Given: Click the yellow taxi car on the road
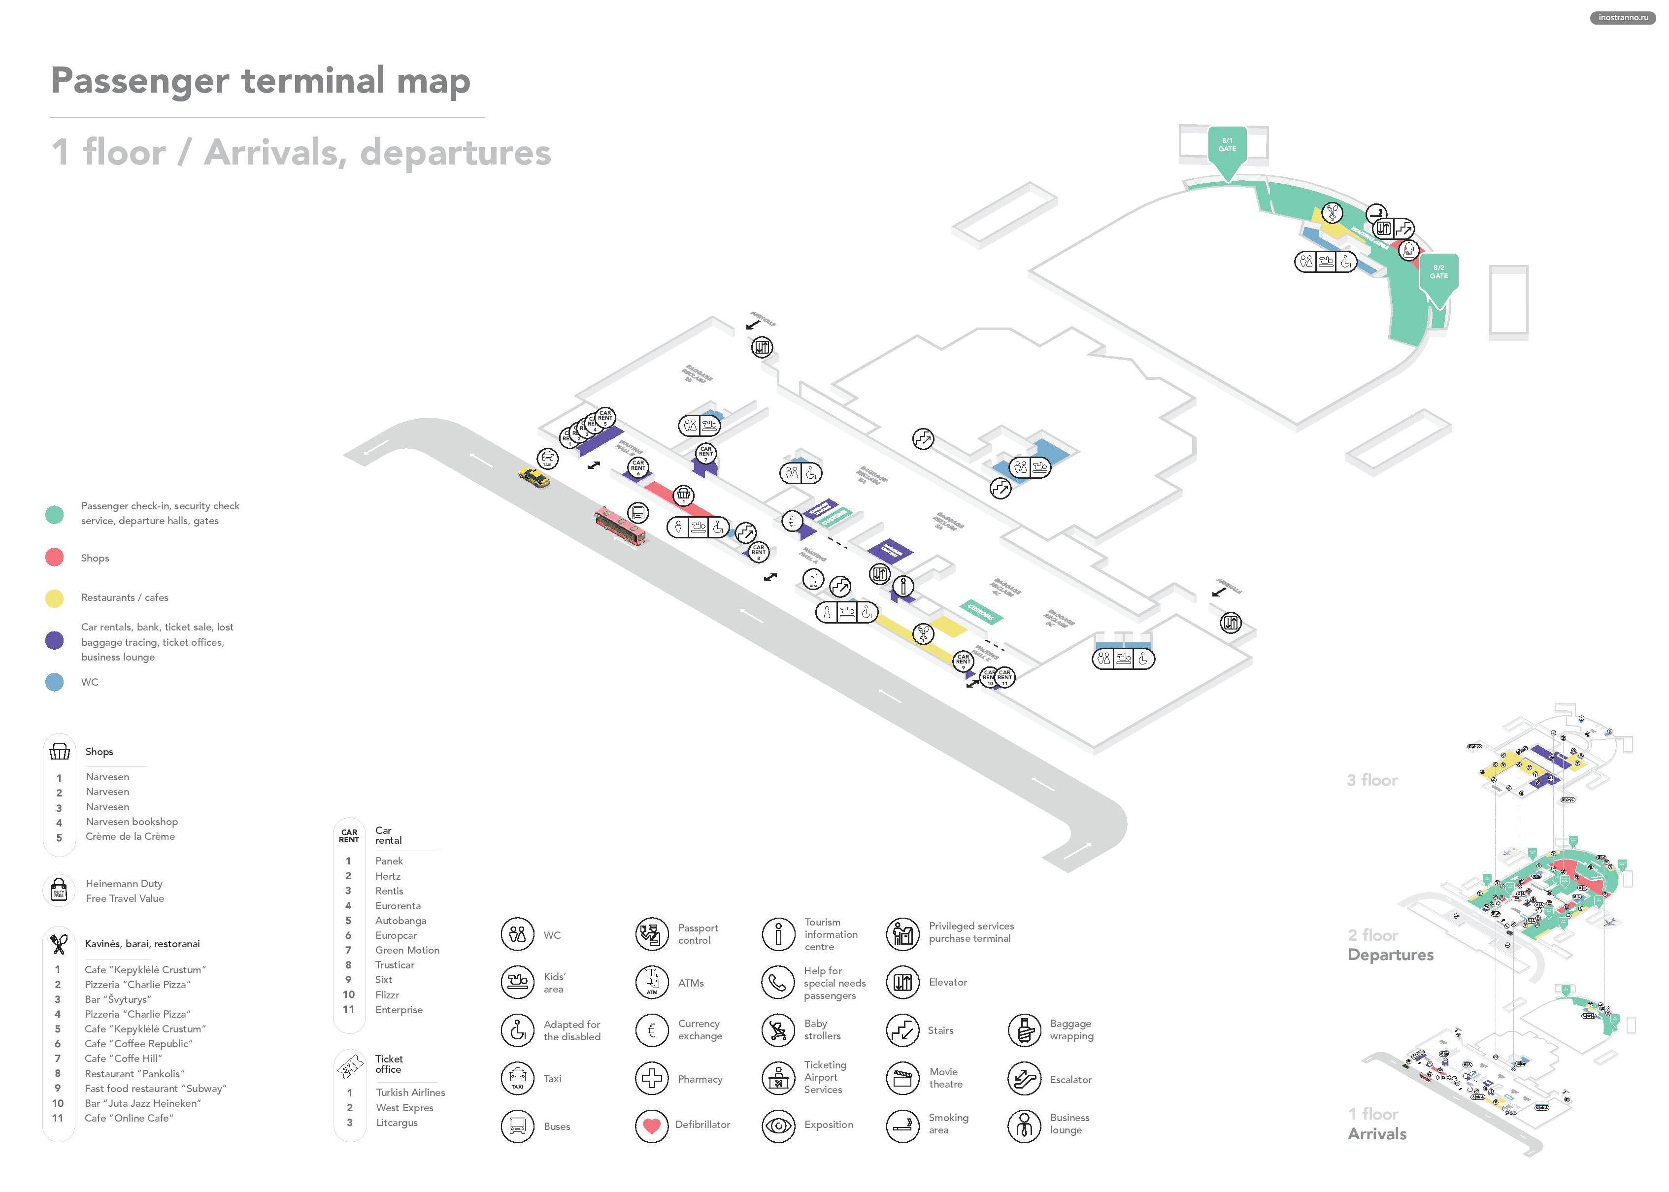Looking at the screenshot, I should pyautogui.click(x=534, y=477).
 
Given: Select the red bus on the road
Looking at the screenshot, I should pyautogui.click(x=620, y=526).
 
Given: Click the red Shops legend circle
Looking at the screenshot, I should pyautogui.click(x=54, y=557).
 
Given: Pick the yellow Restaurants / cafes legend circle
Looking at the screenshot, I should pyautogui.click(x=54, y=597).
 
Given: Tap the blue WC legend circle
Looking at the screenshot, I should pyautogui.click(x=54, y=682).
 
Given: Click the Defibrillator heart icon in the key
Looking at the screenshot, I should pyautogui.click(x=651, y=1125).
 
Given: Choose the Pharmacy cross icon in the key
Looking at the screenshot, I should pyautogui.click(x=651, y=1078).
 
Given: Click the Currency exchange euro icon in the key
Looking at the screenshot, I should pyautogui.click(x=651, y=1030).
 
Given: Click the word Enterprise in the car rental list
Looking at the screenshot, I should pyautogui.click(x=399, y=1010).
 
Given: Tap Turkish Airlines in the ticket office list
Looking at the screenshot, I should pyautogui.click(x=410, y=1092).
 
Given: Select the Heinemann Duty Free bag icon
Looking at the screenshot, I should pyautogui.click(x=59, y=891).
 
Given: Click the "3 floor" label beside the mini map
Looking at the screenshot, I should pyautogui.click(x=1372, y=780).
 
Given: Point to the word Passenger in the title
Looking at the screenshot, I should pyautogui.click(x=139, y=81).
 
